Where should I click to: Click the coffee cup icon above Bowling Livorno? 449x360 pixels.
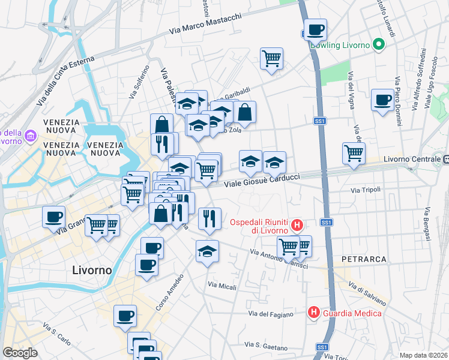click(x=315, y=29)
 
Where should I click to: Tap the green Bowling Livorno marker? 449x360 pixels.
click(x=378, y=44)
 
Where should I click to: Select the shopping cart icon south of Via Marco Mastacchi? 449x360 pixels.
click(x=271, y=59)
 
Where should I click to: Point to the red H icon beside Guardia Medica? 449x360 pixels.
click(x=313, y=313)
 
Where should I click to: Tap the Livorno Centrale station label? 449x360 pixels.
click(x=412, y=160)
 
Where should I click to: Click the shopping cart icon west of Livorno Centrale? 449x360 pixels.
click(x=354, y=152)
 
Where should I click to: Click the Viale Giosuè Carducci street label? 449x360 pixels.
click(x=262, y=180)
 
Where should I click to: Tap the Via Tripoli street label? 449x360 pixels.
click(x=366, y=190)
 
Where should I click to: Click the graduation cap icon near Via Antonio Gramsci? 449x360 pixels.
click(x=207, y=251)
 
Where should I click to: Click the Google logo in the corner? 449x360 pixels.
click(x=20, y=352)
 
